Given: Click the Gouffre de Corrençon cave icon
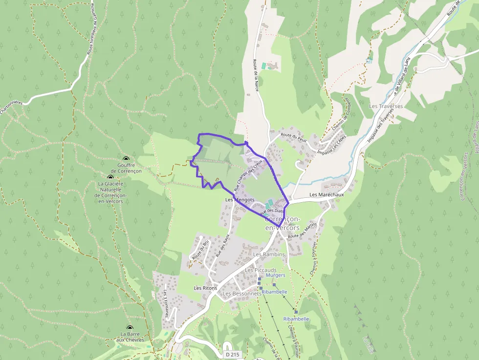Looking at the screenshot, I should [x=126, y=159].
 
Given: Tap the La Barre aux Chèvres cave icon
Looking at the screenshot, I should [x=130, y=328].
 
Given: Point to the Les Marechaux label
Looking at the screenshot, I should [x=327, y=195].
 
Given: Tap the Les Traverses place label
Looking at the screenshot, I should [x=386, y=106].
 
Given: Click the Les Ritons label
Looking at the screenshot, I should [x=205, y=288].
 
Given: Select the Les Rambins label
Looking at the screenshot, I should [x=269, y=254].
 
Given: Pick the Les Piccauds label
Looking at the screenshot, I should [x=261, y=270].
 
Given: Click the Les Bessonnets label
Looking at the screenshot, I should [x=241, y=294].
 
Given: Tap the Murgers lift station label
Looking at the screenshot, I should [x=275, y=275].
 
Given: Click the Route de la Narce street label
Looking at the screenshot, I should [x=255, y=75].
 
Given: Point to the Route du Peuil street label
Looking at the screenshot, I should [x=293, y=138].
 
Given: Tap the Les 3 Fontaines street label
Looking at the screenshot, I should [x=166, y=304].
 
